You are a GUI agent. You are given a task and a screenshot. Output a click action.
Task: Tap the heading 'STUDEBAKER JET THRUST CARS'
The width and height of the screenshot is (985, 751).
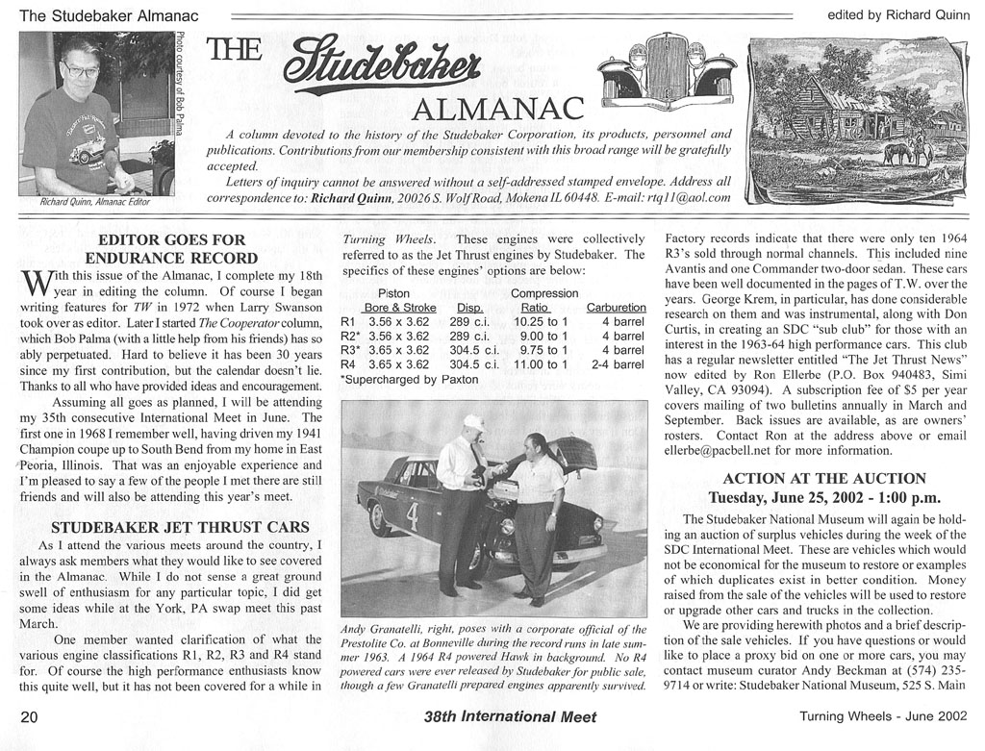tap(180, 527)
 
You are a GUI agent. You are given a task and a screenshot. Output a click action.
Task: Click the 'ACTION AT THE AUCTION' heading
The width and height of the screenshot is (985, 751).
tap(823, 478)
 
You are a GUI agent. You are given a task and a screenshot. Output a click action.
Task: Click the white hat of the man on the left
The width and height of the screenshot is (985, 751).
tap(471, 422)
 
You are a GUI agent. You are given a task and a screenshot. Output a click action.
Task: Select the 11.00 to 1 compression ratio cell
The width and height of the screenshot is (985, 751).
tap(542, 364)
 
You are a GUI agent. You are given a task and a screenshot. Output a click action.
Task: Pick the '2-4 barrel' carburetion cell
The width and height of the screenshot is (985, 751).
tap(618, 364)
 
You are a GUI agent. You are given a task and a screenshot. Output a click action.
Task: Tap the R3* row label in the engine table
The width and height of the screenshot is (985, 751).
tap(351, 350)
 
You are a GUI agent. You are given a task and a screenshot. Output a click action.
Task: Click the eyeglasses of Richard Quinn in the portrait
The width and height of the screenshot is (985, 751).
tap(81, 71)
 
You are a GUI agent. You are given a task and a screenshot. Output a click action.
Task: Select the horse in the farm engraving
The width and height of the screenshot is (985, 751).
tap(898, 153)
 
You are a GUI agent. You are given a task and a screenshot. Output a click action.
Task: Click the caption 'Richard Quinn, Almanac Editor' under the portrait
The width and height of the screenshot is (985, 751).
tap(94, 202)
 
